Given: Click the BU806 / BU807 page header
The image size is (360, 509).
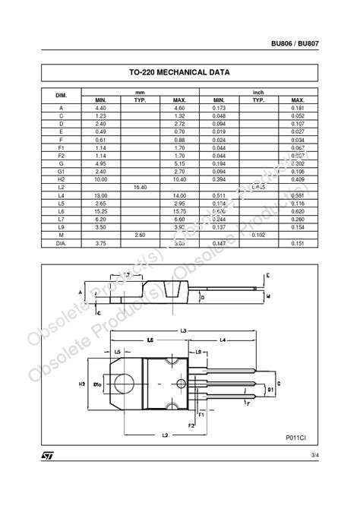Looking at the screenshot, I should (x=295, y=43).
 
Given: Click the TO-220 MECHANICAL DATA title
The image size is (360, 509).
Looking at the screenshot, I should (x=179, y=73).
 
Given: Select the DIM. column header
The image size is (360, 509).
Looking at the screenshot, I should (x=62, y=96).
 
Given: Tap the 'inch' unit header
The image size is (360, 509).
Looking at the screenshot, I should (x=258, y=92).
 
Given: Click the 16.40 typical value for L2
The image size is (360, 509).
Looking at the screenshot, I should (x=140, y=187).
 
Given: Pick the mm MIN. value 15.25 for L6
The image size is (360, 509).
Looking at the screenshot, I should (x=100, y=211).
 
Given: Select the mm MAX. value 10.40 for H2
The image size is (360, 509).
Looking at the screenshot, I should (x=179, y=179).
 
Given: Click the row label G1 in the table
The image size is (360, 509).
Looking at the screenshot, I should (x=62, y=172).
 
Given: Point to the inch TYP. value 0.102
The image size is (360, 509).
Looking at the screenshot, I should (x=258, y=236).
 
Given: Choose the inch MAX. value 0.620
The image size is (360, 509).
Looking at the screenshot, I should (x=298, y=211).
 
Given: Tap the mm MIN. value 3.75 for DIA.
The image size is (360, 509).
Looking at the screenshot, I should (x=100, y=244).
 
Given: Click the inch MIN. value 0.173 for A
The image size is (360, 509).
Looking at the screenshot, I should (x=219, y=108).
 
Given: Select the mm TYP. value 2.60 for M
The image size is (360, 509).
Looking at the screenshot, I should (x=140, y=236).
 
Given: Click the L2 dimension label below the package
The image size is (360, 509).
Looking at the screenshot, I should (x=166, y=435).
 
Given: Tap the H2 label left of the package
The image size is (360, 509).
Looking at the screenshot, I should (x=82, y=384).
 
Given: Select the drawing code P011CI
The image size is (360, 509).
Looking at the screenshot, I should (x=296, y=438).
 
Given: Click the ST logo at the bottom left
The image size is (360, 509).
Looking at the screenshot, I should (x=47, y=456).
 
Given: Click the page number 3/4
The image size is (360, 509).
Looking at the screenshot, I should (x=314, y=455).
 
